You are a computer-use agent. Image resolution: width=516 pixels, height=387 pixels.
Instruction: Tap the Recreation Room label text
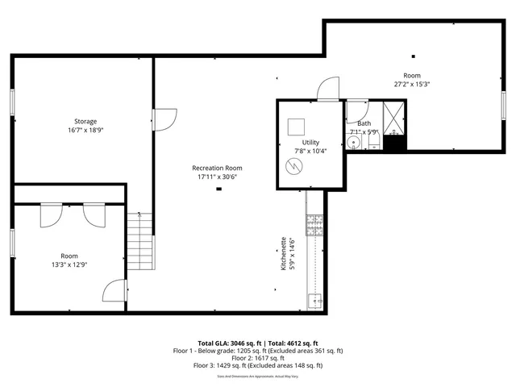click(x=217, y=168)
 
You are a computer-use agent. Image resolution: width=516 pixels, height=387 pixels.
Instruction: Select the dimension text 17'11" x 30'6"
click(x=217, y=177)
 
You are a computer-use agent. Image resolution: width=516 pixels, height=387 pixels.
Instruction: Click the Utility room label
click(x=310, y=142)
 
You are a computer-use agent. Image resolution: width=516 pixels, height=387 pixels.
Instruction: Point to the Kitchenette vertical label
click(x=283, y=253)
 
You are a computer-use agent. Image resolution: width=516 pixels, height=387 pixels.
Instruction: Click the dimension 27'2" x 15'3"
click(x=411, y=84)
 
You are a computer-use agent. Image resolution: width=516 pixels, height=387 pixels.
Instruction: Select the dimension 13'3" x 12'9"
click(x=69, y=263)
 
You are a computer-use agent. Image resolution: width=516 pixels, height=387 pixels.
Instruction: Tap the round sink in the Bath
click(x=353, y=144)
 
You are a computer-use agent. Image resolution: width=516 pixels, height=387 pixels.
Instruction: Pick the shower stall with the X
click(x=394, y=118)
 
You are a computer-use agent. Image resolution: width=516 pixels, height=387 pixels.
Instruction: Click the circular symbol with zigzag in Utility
click(x=296, y=166)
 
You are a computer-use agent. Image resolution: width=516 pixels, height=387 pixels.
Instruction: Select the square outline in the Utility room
click(x=296, y=127)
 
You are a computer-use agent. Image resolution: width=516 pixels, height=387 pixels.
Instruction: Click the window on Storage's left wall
click(x=12, y=104)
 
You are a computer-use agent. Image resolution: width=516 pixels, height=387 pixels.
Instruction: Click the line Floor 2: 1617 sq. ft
click(x=258, y=358)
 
